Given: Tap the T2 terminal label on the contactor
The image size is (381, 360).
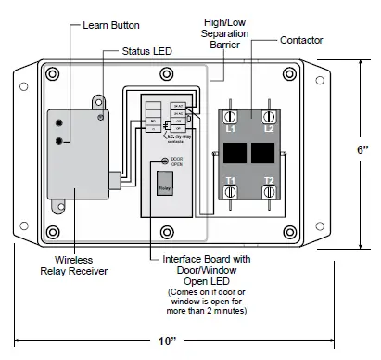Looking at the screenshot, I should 269,180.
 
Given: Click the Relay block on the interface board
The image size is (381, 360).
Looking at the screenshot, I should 163,186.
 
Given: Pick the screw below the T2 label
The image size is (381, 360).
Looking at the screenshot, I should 269,192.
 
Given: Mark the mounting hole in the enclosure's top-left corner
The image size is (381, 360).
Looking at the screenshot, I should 53,74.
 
